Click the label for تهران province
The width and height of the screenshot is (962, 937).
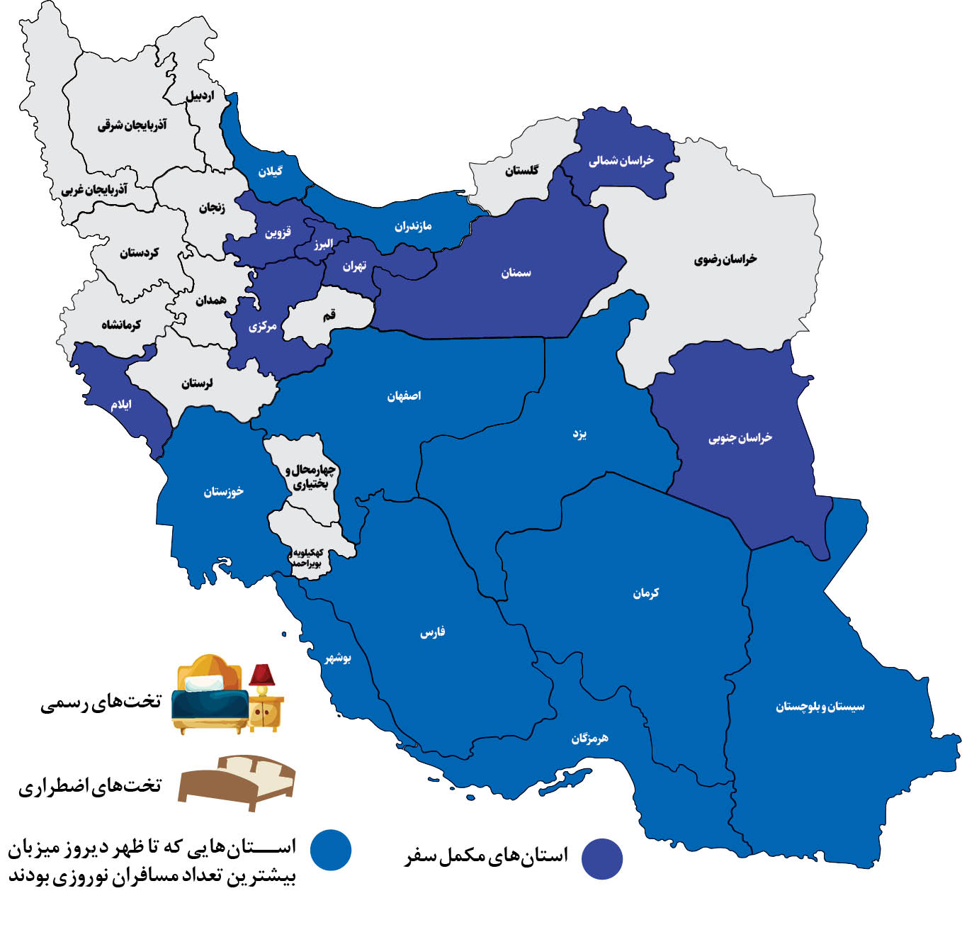pyautogui.click(x=354, y=266)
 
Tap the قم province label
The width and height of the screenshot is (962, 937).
pyautogui.click(x=329, y=315)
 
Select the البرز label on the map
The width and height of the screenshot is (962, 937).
pyautogui.click(x=323, y=244)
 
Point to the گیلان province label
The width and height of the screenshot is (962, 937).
pyautogui.click(x=270, y=172)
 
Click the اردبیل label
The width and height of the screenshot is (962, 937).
pyautogui.click(x=199, y=95)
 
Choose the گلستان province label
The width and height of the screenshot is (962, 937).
pyautogui.click(x=521, y=170)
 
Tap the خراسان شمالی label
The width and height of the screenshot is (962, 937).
pyautogui.click(x=621, y=161)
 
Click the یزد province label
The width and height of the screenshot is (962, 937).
pyautogui.click(x=579, y=434)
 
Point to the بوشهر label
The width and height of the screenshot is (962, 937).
pyautogui.click(x=338, y=658)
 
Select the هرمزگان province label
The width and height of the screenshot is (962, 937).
pyautogui.click(x=589, y=739)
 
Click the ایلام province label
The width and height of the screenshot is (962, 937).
pyautogui.click(x=121, y=405)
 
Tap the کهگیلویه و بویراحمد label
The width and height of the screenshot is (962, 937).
pyautogui.click(x=308, y=558)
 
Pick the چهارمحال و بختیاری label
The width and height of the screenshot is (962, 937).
pyautogui.click(x=310, y=477)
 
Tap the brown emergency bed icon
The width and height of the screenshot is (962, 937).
pyautogui.click(x=237, y=781)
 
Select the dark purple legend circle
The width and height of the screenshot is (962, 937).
pyautogui.click(x=602, y=858)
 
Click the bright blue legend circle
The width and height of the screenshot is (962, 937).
pyautogui.click(x=331, y=849)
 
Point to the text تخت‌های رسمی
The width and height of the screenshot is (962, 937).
pyautogui.click(x=101, y=702)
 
